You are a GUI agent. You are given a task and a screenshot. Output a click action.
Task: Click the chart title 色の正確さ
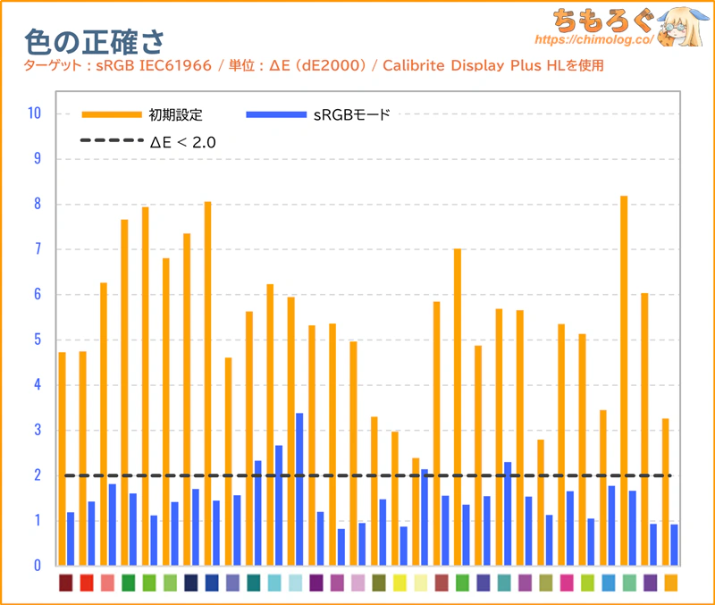[94, 42]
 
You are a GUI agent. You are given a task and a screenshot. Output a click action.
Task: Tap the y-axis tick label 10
[35, 113]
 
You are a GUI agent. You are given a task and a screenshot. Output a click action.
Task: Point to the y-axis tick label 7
[38, 249]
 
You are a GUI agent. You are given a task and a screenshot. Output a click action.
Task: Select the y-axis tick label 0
[38, 566]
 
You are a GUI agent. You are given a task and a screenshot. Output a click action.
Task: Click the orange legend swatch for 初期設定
[112, 114]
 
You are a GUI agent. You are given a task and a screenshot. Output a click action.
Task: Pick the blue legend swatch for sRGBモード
[276, 114]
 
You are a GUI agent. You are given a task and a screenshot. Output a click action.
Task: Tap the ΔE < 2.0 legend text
[183, 142]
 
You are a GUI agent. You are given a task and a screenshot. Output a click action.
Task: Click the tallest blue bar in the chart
[299, 489]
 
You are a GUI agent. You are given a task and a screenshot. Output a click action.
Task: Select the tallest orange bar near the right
[624, 381]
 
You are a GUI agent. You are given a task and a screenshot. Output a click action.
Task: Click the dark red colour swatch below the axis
[65, 583]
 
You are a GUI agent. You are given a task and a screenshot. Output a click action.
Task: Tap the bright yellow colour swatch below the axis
[400, 583]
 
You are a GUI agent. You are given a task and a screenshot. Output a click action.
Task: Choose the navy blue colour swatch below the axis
[191, 583]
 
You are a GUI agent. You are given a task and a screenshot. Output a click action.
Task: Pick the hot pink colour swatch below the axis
[567, 583]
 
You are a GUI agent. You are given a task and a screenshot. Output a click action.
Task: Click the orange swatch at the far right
[671, 583]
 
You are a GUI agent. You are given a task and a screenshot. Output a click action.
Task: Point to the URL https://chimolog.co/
[594, 39]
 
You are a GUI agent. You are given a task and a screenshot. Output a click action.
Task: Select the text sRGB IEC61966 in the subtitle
[154, 65]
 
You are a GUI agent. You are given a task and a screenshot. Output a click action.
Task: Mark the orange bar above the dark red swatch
[62, 458]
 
